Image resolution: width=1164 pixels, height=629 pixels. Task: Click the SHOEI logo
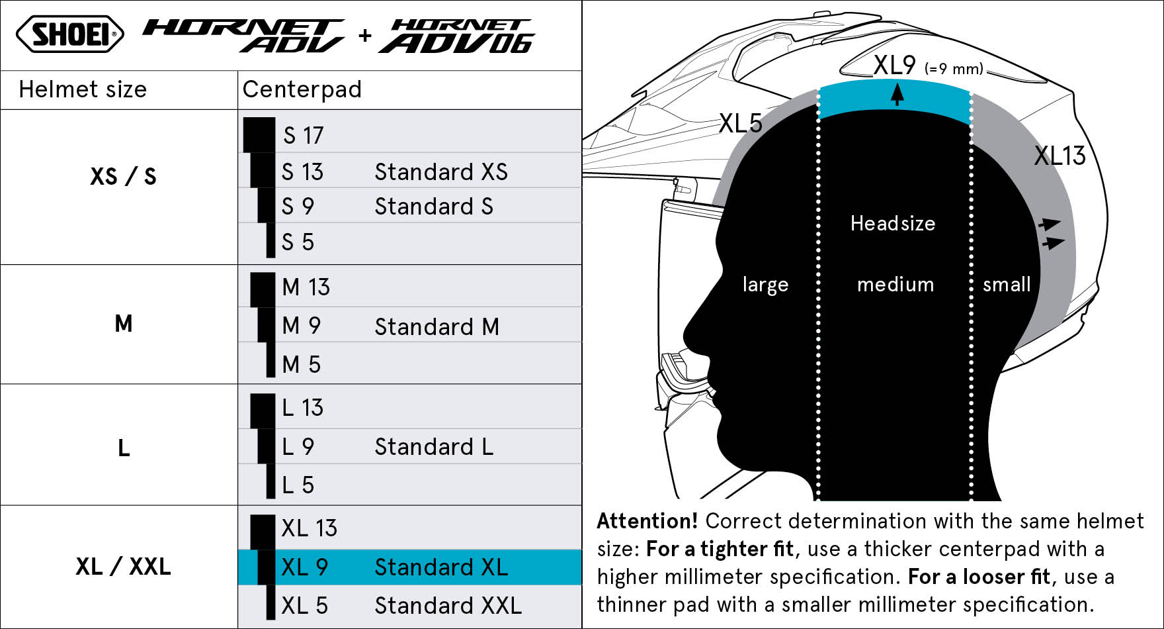click(x=69, y=34)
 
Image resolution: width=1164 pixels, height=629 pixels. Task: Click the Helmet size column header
click(x=83, y=89)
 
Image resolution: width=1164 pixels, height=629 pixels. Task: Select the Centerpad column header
click(x=302, y=89)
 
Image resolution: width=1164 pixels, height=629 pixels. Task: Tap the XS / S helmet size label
click(x=123, y=177)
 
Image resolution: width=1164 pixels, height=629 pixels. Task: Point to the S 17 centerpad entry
click(x=304, y=136)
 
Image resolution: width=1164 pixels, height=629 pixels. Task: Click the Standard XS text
click(x=441, y=172)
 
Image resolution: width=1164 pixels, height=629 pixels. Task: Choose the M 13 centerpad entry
click(x=306, y=287)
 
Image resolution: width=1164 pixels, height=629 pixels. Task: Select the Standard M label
click(x=436, y=327)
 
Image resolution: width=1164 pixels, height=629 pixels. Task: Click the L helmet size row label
click(x=124, y=449)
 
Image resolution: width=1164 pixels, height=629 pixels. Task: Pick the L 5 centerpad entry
click(x=298, y=485)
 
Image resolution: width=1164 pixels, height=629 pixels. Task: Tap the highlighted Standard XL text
click(x=441, y=567)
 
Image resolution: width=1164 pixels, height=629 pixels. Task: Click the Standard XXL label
click(x=448, y=606)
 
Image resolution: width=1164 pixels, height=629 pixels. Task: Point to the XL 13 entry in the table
click(x=310, y=528)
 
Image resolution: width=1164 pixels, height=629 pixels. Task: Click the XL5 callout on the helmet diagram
click(x=741, y=123)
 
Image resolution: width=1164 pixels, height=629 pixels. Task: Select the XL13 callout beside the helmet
click(x=1060, y=156)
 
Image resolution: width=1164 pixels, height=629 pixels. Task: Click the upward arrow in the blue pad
click(x=897, y=94)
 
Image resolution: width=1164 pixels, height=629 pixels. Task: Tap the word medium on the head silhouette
click(x=895, y=285)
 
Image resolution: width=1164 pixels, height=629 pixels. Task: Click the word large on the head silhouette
click(x=765, y=285)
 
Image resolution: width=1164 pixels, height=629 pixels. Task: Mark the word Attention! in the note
click(x=647, y=521)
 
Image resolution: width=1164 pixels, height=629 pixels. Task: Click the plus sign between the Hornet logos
click(x=364, y=35)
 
